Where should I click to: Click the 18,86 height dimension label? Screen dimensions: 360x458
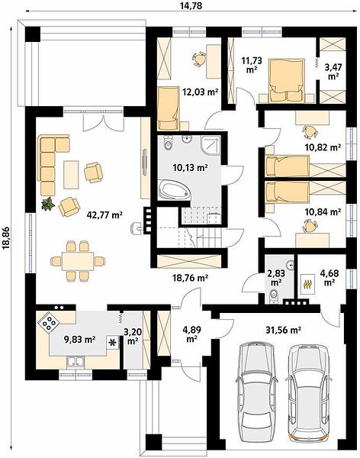pos(5,238)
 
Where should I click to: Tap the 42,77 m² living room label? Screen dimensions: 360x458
pos(104,215)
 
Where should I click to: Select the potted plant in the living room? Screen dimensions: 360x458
pos(48,204)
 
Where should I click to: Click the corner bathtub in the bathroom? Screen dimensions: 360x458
pos(174,190)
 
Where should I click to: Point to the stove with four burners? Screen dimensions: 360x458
pos(49,323)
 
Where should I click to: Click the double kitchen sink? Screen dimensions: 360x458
pos(76,362)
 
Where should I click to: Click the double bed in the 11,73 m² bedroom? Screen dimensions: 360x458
pos(287,81)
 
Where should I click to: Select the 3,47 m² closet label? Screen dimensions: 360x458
pos(333,72)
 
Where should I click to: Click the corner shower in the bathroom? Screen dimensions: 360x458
pos(210,145)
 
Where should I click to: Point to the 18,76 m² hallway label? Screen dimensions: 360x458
pos(190,278)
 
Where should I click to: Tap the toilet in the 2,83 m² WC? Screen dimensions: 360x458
pos(274,295)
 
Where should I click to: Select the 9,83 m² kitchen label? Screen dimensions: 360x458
pos(80,339)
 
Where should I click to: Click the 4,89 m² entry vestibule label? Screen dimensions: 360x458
pos(191,334)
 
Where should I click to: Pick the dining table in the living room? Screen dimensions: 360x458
pos(78,261)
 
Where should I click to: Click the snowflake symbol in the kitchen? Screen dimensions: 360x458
pos(112,343)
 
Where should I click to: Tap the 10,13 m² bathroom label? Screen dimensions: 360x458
pos(190,168)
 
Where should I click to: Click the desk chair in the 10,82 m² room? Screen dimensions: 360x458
pos(310,132)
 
